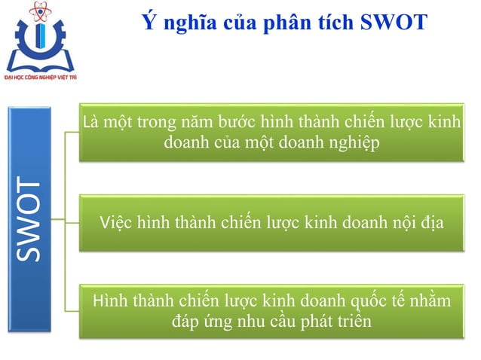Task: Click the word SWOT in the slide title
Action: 394,23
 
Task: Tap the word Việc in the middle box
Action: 116,223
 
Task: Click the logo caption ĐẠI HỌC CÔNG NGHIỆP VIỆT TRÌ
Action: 44,77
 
